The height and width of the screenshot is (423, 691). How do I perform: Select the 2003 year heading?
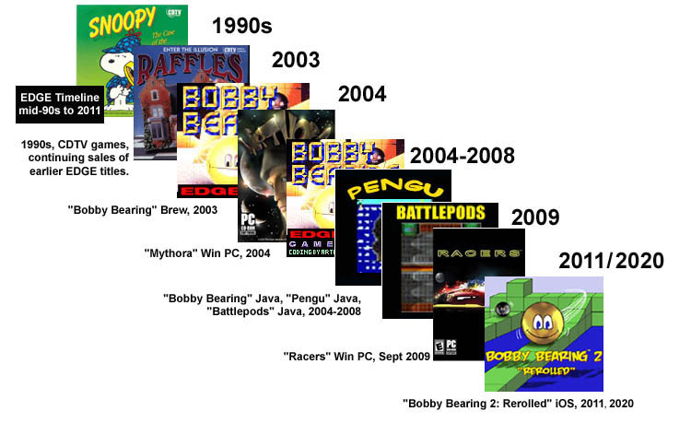(x=295, y=61)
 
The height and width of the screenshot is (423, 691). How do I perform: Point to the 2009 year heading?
(x=535, y=217)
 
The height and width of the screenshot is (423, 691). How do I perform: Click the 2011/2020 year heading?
(x=611, y=261)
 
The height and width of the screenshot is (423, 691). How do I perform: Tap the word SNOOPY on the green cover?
(x=113, y=23)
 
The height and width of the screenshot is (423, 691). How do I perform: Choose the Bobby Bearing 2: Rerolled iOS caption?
(x=519, y=403)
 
